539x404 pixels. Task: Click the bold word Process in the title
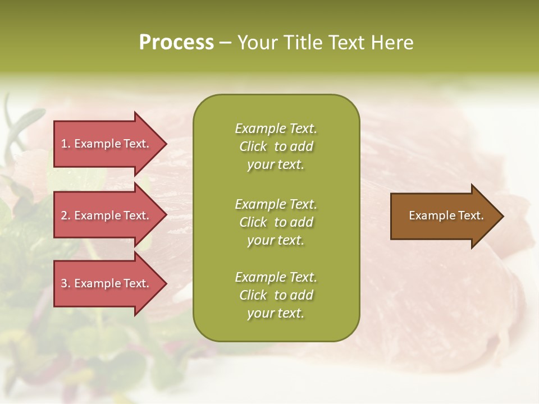click(x=176, y=43)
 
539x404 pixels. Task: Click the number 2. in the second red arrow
click(x=66, y=215)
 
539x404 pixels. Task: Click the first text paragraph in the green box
click(x=276, y=146)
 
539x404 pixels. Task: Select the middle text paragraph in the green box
click(x=276, y=222)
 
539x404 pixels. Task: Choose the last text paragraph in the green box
click(x=276, y=295)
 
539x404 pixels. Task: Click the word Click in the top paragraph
click(x=253, y=146)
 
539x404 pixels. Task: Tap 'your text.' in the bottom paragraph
click(x=276, y=313)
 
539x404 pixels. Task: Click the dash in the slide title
click(x=225, y=43)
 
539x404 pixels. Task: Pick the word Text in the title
click(x=346, y=43)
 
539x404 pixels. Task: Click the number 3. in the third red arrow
click(x=66, y=283)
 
